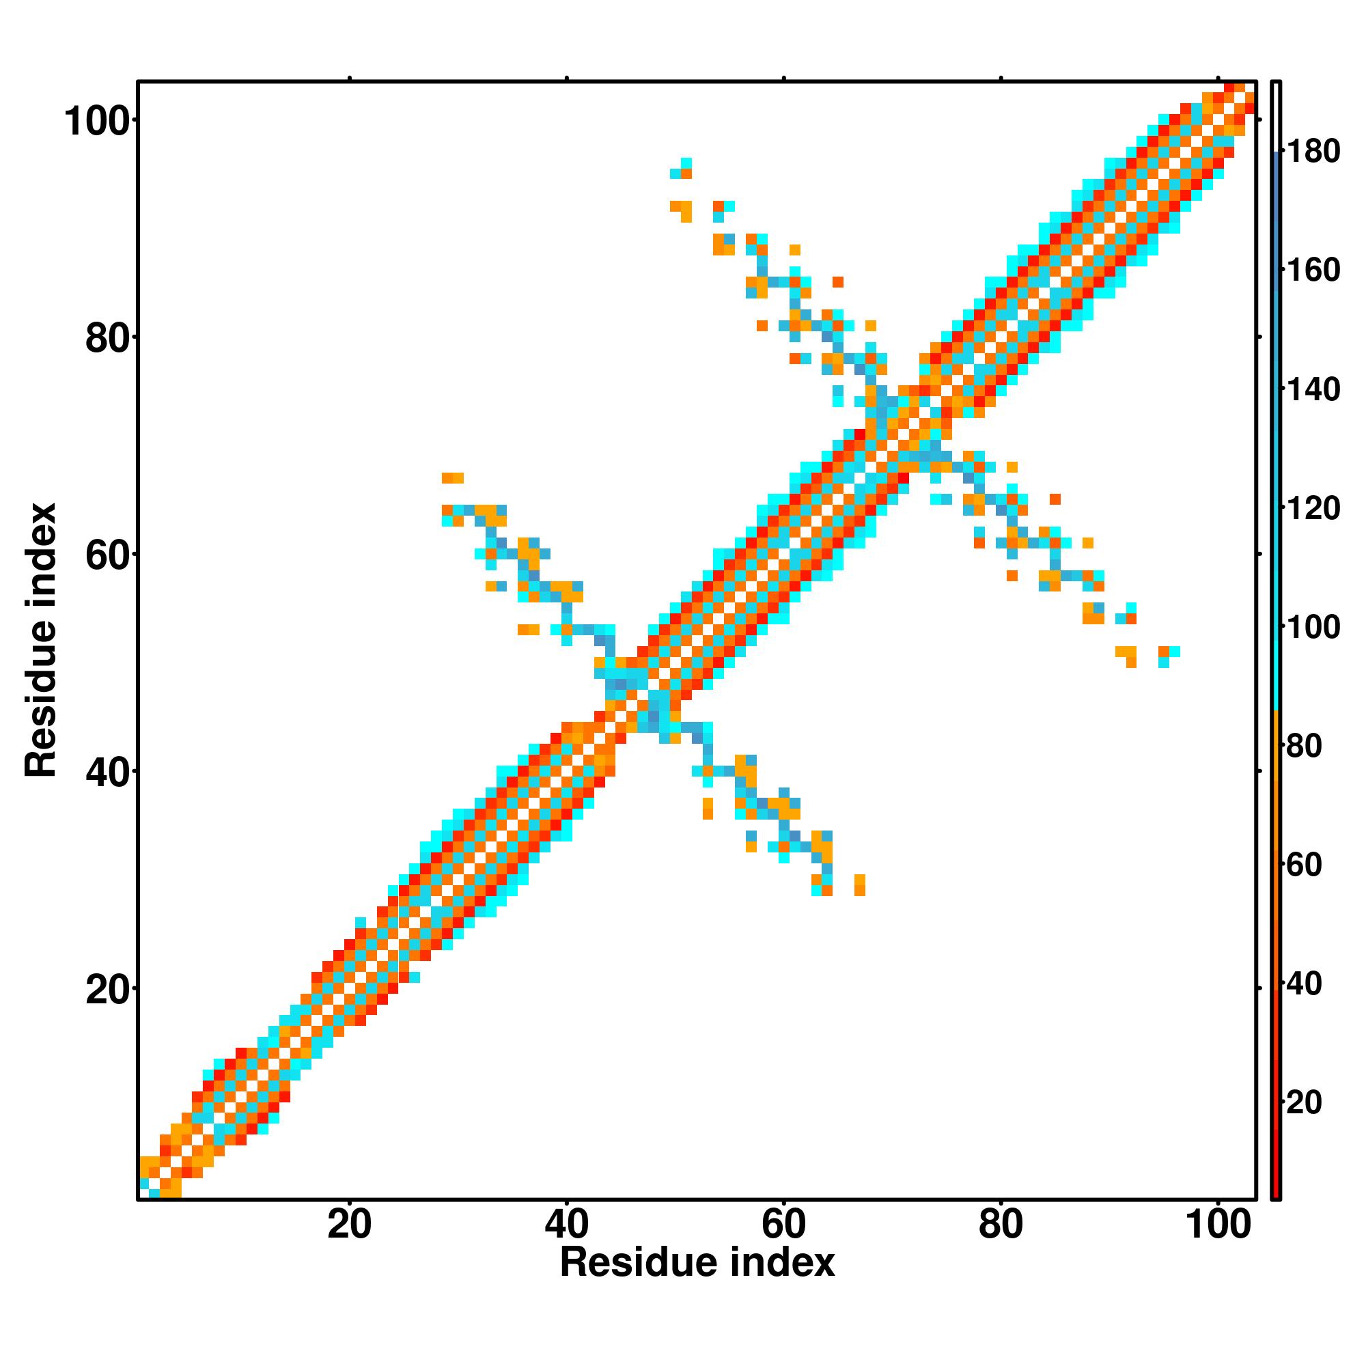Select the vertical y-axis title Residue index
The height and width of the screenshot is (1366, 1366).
tap(41, 640)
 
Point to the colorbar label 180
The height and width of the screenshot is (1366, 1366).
tap(1313, 152)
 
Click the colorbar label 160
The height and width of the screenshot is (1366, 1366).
tap(1313, 270)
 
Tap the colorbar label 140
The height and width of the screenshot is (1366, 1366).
tap(1313, 389)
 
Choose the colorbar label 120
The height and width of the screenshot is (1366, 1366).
tap(1313, 508)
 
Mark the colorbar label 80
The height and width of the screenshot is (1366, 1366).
tap(1305, 746)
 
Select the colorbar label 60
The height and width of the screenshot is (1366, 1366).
tap(1305, 865)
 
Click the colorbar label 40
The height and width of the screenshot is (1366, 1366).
tap(1305, 984)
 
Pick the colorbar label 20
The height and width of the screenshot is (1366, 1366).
tap(1305, 1102)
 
